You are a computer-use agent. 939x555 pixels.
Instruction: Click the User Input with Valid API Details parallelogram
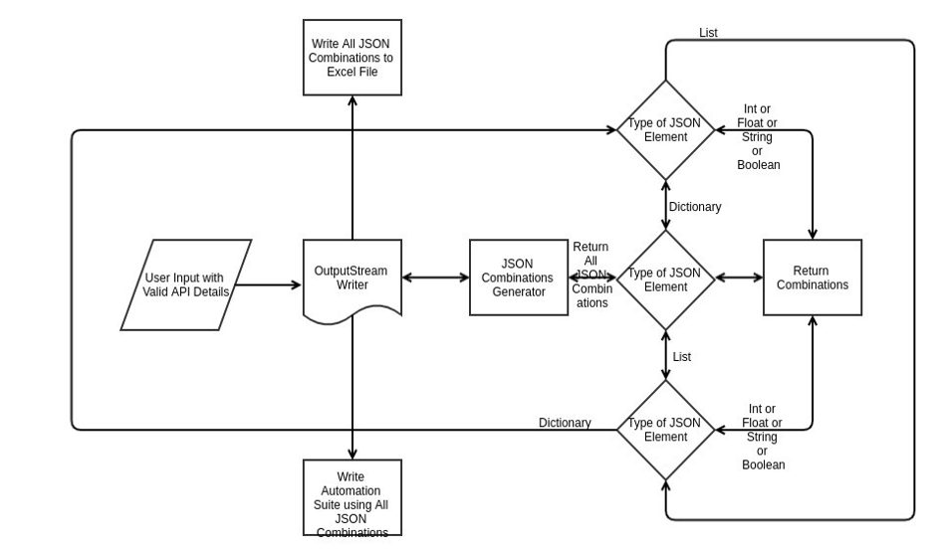point(185,284)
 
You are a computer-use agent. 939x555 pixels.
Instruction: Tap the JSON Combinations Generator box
point(518,277)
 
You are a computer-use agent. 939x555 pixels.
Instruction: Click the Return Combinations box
point(812,277)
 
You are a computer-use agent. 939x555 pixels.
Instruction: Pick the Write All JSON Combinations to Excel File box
point(352,58)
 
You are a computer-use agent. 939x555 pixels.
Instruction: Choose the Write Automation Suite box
point(352,497)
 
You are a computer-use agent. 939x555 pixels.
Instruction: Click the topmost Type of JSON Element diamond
point(665,130)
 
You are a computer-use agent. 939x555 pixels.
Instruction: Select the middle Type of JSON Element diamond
point(665,279)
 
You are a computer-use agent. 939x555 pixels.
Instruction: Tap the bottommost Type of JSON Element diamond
point(665,429)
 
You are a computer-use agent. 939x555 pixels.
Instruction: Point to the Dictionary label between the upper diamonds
point(695,207)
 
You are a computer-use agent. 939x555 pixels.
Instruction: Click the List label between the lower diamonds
point(682,356)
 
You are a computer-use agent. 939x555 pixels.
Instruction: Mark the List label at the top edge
point(708,33)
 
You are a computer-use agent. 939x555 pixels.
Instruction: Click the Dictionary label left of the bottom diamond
point(565,423)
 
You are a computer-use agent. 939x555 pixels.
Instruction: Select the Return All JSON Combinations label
point(590,275)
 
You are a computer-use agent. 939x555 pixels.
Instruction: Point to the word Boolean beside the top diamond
point(759,165)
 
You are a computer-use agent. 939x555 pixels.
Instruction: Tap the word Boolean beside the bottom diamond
point(764,464)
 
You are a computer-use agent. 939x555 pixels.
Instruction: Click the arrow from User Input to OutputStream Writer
point(269,285)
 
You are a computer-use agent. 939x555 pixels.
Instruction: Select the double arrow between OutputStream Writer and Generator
point(436,278)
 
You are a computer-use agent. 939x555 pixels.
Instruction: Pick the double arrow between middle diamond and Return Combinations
point(739,278)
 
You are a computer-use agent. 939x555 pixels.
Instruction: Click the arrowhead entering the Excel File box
point(352,102)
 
